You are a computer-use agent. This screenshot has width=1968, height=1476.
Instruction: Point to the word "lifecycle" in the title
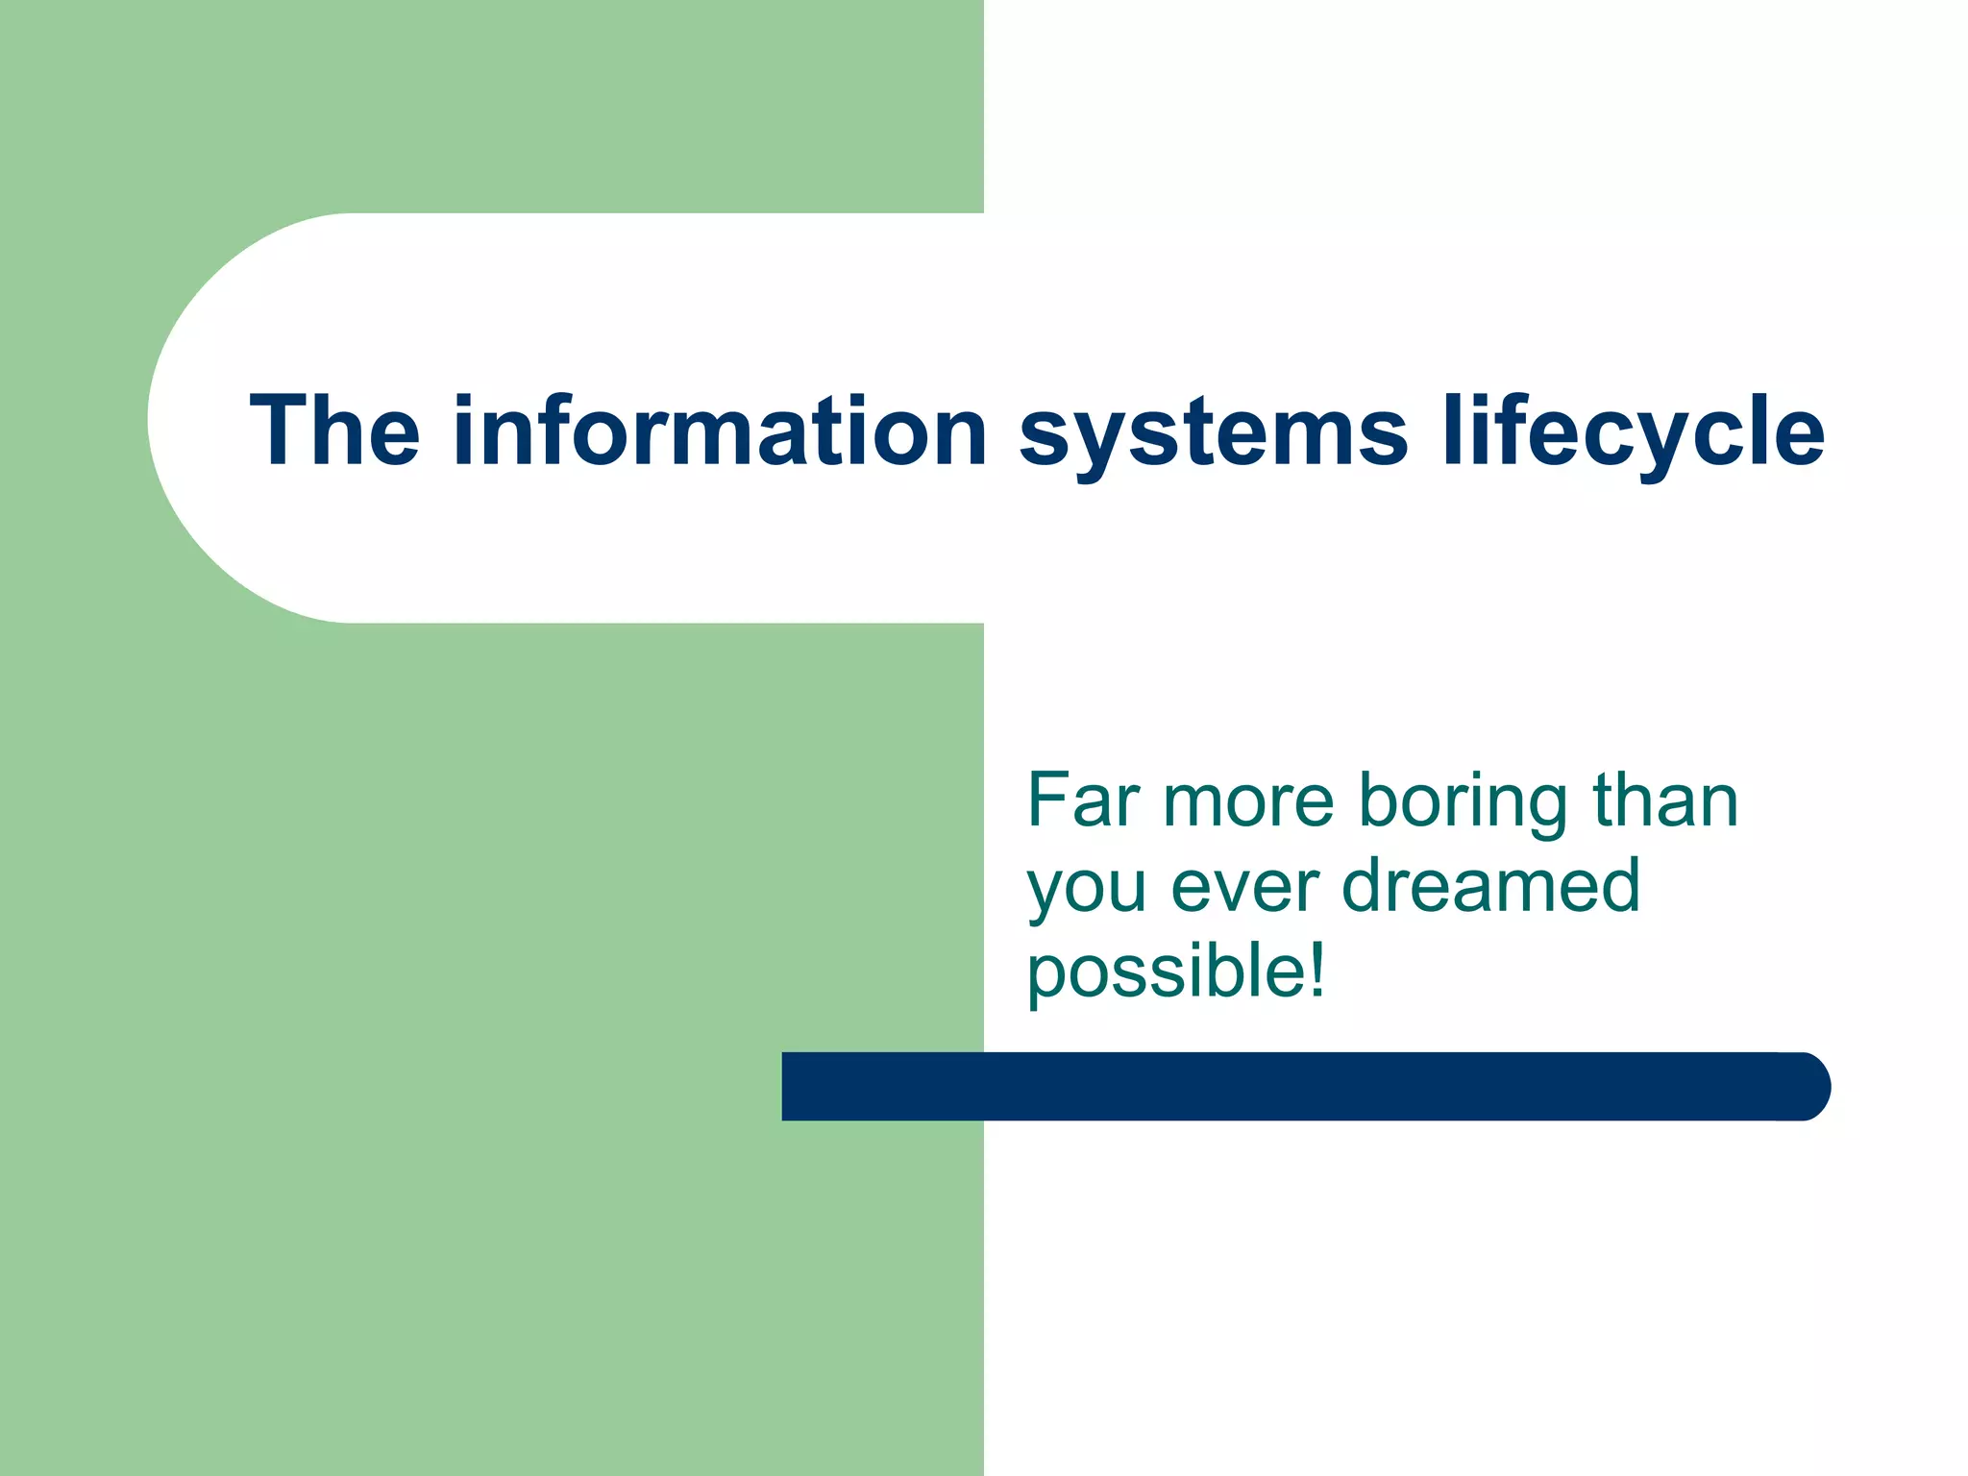(x=1633, y=432)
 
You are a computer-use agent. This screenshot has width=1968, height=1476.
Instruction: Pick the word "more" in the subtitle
(x=1248, y=802)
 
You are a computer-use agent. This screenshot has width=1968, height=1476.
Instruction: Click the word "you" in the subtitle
(x=1087, y=889)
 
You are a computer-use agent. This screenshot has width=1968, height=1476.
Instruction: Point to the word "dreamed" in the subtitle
(x=1490, y=885)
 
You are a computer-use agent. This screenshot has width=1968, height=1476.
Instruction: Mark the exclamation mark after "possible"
(x=1316, y=969)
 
